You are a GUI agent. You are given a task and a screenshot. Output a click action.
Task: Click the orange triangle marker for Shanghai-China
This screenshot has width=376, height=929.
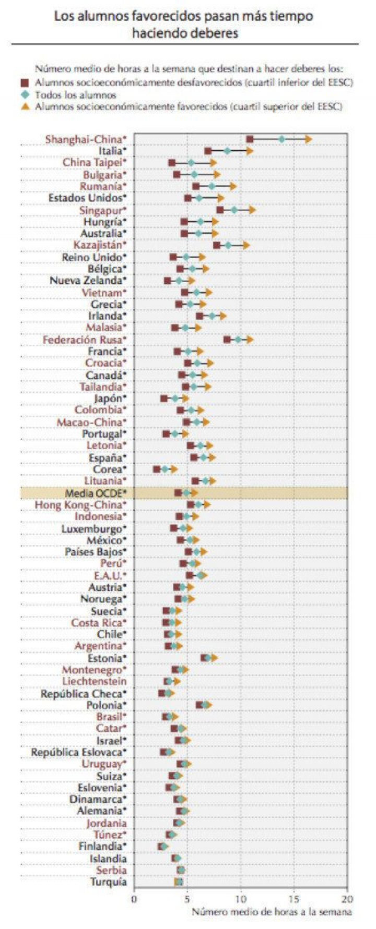(x=308, y=139)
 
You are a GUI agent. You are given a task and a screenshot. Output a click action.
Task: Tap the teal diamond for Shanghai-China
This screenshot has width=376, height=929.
(x=282, y=139)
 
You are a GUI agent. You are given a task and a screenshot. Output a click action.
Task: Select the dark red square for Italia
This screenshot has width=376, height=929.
(x=208, y=151)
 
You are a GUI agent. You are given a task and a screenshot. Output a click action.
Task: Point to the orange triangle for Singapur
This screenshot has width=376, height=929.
(x=252, y=210)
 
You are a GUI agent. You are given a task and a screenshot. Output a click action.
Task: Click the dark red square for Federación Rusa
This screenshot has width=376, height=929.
(x=227, y=340)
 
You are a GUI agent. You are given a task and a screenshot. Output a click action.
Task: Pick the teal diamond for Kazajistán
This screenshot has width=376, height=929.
(x=228, y=245)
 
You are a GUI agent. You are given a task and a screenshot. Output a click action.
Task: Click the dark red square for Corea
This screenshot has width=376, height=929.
(x=157, y=469)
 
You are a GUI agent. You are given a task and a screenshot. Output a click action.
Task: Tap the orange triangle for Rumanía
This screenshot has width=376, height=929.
(x=233, y=186)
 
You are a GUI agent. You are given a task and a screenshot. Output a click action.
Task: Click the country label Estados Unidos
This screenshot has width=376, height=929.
(x=86, y=198)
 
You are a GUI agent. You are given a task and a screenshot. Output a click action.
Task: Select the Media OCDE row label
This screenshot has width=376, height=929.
(x=95, y=493)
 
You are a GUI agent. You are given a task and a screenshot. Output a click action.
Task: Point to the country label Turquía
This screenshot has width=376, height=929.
(x=109, y=882)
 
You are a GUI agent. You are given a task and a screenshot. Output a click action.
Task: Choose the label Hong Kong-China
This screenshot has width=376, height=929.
(x=79, y=504)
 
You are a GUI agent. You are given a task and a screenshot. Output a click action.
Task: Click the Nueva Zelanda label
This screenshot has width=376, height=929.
(x=86, y=281)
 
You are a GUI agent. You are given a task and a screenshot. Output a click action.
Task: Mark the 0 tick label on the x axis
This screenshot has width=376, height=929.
(x=134, y=899)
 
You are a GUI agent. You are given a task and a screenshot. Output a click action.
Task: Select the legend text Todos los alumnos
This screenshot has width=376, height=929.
(x=76, y=95)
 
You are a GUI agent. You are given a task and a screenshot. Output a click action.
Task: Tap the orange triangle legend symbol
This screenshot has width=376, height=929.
(x=25, y=106)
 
